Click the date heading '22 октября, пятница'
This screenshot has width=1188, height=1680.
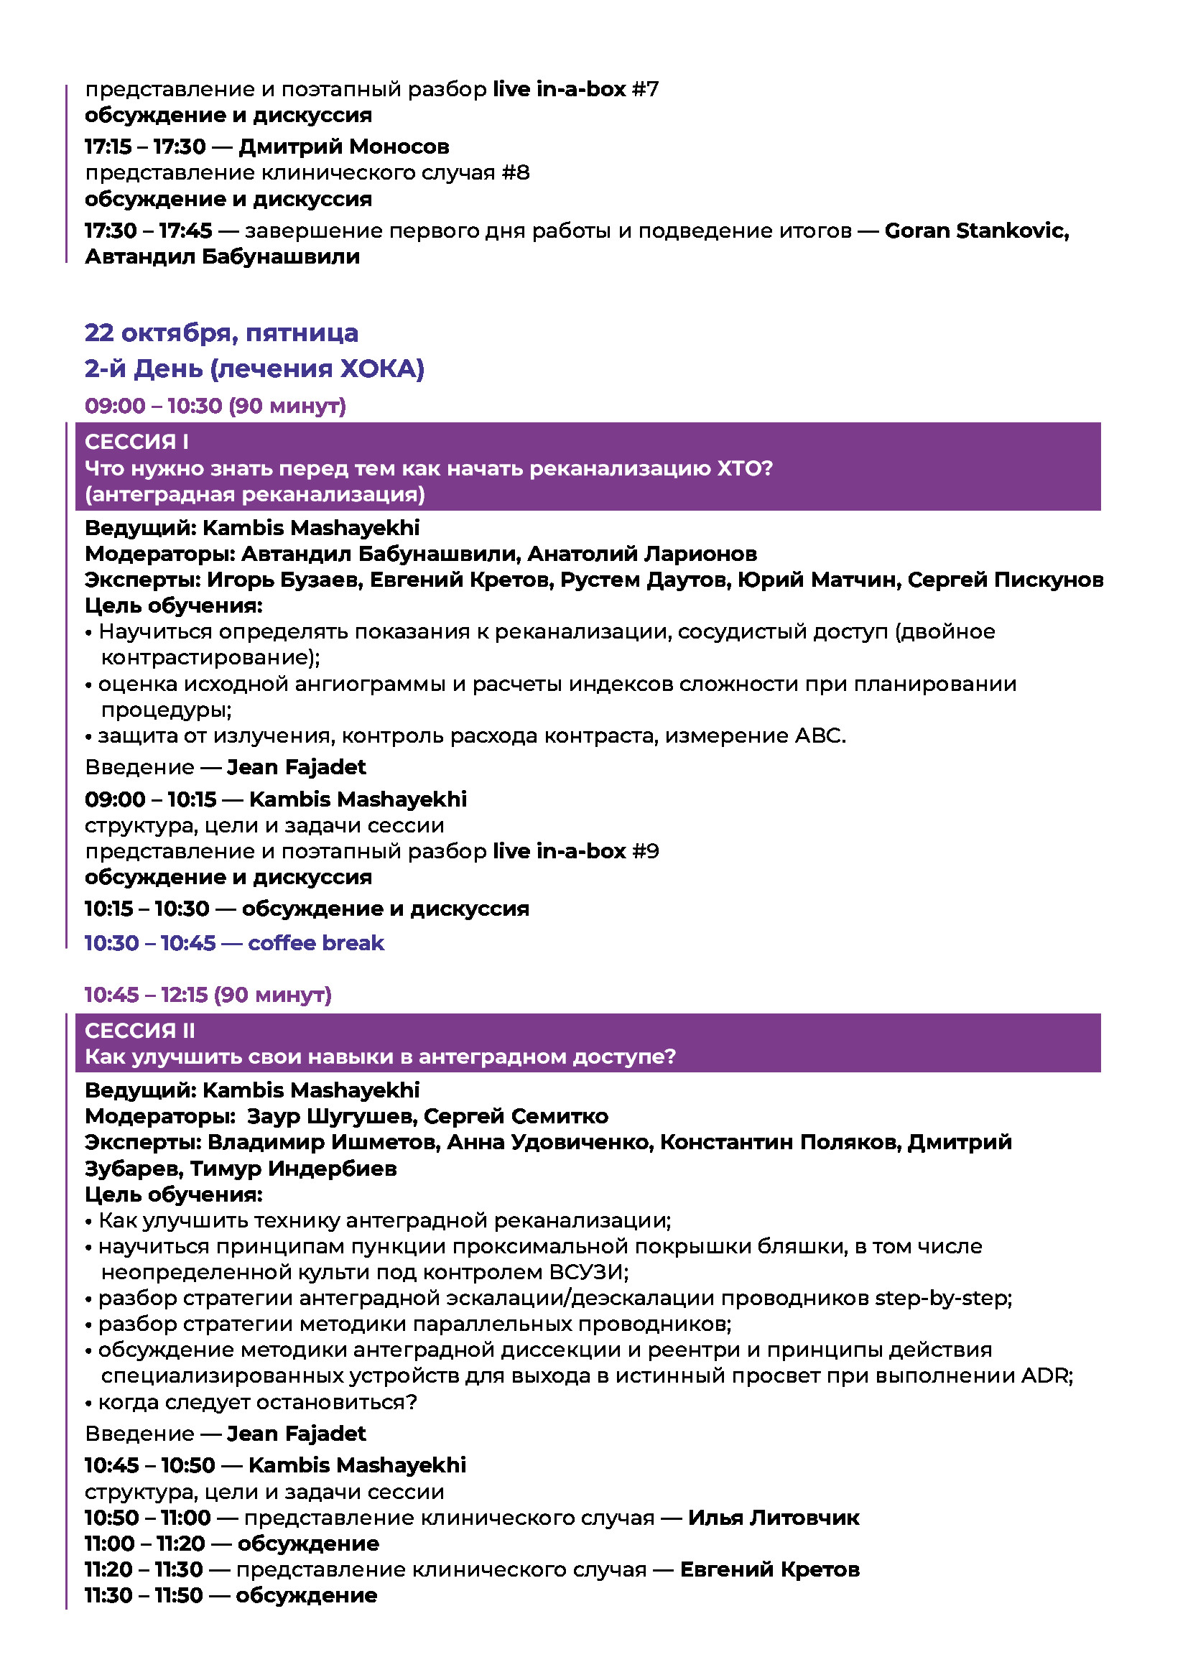(221, 333)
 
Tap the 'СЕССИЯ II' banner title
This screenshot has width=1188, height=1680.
(140, 1030)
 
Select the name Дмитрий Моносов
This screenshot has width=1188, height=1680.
(344, 147)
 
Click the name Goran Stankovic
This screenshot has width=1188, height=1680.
(976, 231)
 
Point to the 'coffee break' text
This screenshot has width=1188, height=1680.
(316, 942)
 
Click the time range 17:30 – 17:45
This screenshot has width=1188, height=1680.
(149, 231)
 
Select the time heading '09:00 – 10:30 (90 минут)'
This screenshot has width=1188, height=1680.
(215, 405)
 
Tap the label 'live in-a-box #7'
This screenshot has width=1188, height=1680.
(576, 89)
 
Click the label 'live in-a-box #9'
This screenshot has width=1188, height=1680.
(576, 851)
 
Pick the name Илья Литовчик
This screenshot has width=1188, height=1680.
(774, 1518)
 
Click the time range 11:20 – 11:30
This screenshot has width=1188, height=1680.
(144, 1569)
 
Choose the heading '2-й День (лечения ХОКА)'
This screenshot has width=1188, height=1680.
(254, 368)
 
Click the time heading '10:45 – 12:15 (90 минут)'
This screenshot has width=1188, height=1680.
(208, 994)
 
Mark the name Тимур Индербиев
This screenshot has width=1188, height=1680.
(293, 1169)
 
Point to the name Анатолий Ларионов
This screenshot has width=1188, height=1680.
(641, 554)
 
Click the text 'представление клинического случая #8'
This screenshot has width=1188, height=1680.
(307, 172)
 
